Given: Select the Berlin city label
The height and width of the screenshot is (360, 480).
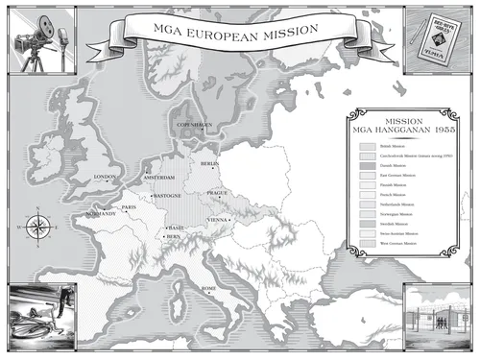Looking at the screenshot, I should [211, 164].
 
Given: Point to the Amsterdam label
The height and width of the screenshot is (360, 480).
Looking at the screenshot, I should [159, 179].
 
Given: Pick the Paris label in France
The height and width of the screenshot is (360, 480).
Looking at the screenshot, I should [131, 206].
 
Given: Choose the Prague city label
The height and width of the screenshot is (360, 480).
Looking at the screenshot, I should [216, 194].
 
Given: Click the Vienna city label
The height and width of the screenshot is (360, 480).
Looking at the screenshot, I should [220, 220].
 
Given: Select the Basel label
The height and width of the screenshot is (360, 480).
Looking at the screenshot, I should [176, 227].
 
